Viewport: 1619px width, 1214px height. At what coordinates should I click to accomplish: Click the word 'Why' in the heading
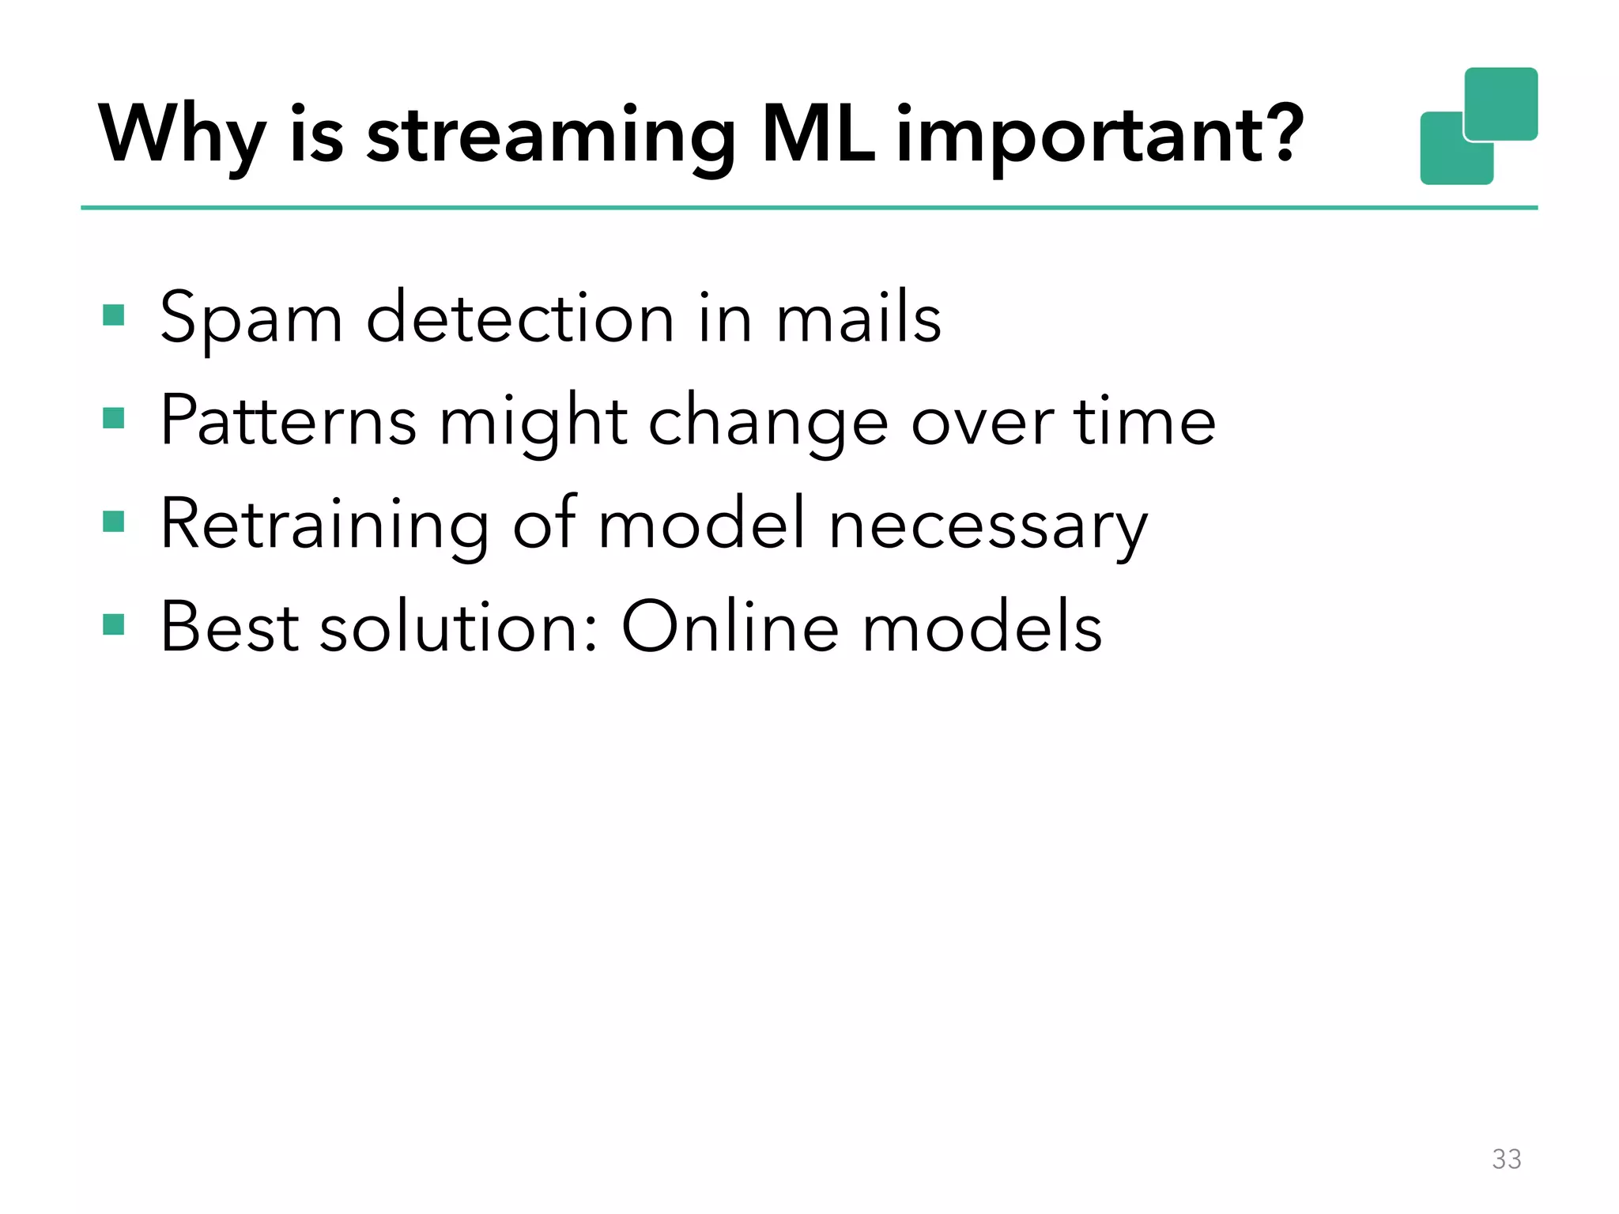click(181, 136)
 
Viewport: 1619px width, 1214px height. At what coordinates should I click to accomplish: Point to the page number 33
click(1506, 1159)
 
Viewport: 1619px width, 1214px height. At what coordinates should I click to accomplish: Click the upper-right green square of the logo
click(1500, 103)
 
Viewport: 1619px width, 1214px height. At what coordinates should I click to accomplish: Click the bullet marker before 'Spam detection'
click(114, 315)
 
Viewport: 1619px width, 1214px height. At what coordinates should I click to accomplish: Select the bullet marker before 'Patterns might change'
click(114, 418)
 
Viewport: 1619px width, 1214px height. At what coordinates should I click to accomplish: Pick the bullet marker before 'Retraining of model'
click(114, 522)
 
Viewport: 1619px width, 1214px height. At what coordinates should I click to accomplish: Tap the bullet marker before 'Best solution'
click(114, 624)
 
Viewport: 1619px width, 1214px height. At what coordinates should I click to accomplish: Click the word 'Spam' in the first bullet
click(251, 319)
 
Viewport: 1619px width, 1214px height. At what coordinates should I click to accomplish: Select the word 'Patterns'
click(289, 420)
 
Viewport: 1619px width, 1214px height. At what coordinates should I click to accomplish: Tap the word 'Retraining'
click(324, 525)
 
